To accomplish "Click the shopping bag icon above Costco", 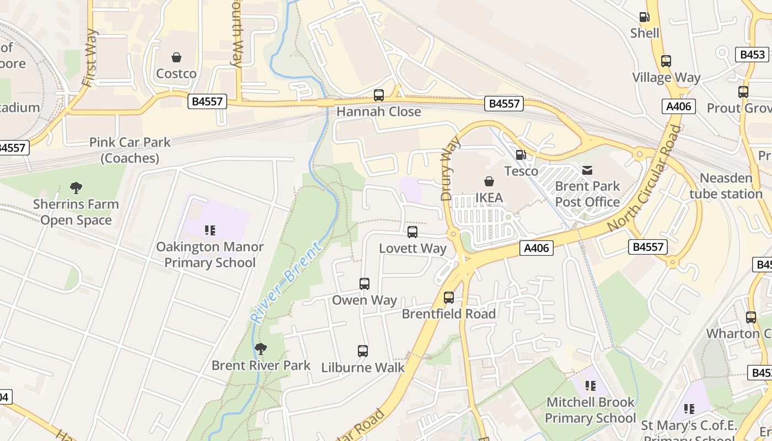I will point(176,57).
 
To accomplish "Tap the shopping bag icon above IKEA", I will point(489,181).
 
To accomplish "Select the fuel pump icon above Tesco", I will point(521,155).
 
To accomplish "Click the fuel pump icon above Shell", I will point(644,17).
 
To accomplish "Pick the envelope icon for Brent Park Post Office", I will point(587,170).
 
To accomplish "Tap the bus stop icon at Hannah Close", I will point(379,95).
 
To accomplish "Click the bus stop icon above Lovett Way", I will point(412,232).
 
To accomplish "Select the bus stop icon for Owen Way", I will point(364,284).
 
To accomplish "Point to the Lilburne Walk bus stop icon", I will point(363,351).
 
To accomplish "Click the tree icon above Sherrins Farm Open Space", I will point(76,188).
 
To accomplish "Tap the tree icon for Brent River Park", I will point(261,349).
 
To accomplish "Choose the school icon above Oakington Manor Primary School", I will point(210,230).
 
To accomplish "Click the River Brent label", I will point(286,282).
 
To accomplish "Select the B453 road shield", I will point(753,55).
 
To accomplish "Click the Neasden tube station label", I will point(726,186).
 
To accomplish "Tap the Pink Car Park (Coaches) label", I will point(130,150).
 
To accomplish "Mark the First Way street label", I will point(89,58).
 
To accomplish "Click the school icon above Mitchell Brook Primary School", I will point(590,386).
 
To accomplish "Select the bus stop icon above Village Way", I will point(666,61).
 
